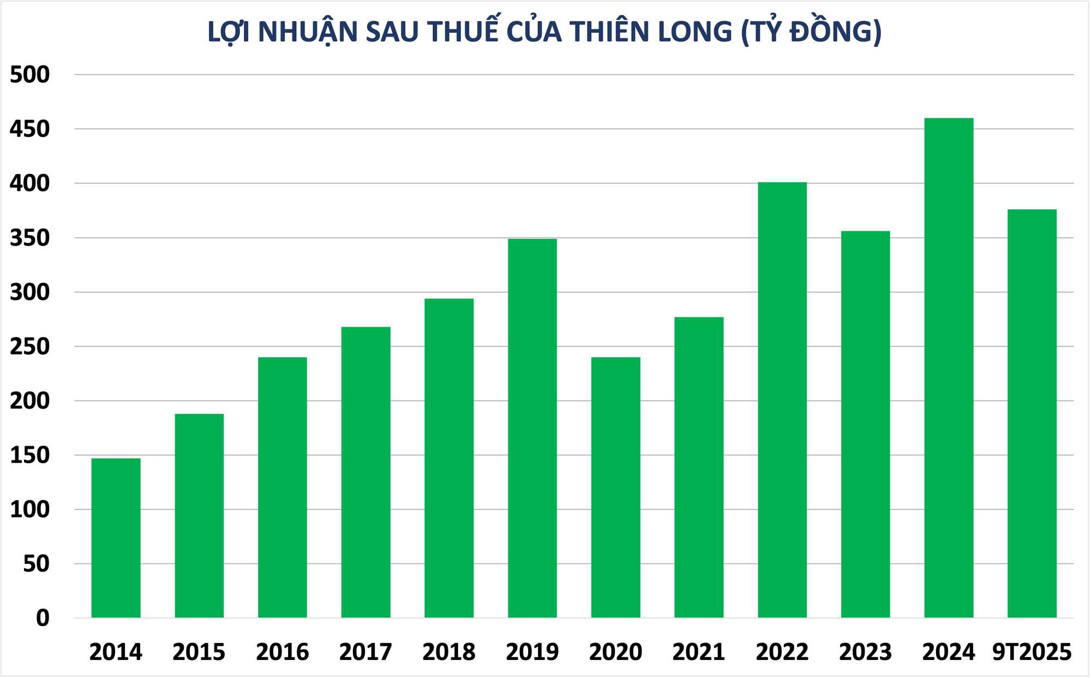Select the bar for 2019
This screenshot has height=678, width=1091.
532,428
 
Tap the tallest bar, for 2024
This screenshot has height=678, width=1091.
949,368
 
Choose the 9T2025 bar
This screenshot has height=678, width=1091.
1032,413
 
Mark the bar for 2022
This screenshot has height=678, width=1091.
782,400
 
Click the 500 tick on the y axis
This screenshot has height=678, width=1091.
29,75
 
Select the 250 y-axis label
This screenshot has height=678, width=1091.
29,346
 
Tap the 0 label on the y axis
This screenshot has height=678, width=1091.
43,618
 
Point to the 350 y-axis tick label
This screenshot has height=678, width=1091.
29,238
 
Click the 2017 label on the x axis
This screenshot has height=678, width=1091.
365,652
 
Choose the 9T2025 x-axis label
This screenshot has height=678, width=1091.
1032,652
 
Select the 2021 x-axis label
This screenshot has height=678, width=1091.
699,652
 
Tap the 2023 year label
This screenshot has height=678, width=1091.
865,652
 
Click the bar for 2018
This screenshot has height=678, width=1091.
449,458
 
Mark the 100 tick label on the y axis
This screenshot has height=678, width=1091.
29,509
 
